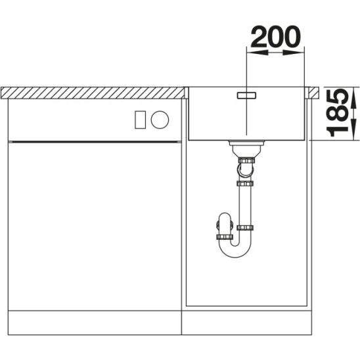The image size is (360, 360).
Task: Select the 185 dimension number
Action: point(340,113)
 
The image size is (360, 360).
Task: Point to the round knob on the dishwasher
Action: point(160,119)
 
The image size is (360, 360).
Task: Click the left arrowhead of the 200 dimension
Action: point(250,52)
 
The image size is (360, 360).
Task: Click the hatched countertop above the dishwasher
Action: point(92,92)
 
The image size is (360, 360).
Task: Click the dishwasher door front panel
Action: point(92,223)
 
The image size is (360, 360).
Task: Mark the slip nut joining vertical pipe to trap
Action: point(245,228)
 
